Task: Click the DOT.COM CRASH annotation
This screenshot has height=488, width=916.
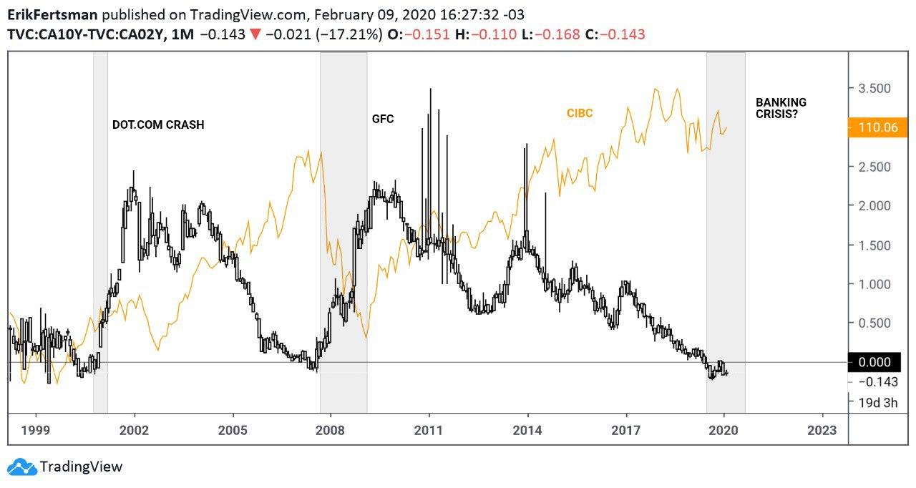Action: [158, 125]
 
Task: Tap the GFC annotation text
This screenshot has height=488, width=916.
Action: [383, 119]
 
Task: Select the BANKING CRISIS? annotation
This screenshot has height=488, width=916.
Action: [781, 108]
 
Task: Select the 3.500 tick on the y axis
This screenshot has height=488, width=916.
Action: [874, 89]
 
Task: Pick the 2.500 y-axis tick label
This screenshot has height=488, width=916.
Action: [874, 167]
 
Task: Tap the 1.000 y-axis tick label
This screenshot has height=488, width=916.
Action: [874, 284]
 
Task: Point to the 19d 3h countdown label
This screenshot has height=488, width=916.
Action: [877, 402]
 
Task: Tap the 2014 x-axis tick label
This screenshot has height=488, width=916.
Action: [527, 431]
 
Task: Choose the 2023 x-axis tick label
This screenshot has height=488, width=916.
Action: [822, 431]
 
